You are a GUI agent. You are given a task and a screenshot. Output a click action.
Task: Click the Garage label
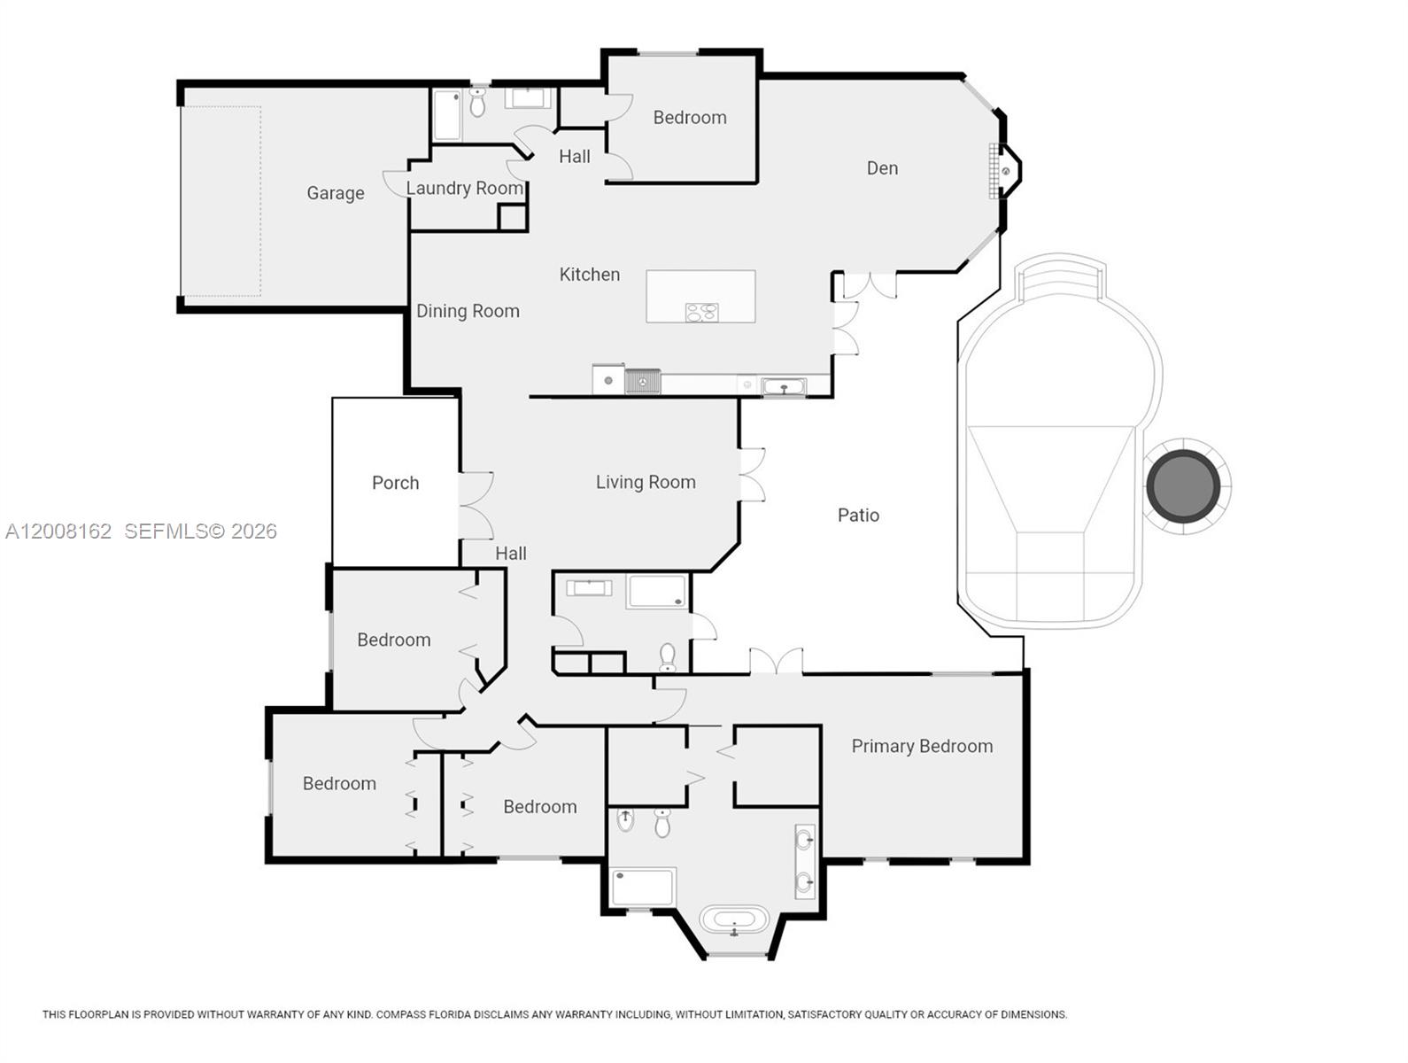(x=335, y=193)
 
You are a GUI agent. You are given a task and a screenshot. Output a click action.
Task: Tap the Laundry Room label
(x=464, y=188)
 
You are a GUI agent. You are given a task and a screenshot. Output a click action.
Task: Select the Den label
(x=882, y=168)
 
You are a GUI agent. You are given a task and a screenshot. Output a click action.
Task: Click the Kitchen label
(x=589, y=275)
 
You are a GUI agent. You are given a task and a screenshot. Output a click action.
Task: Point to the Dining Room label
(x=468, y=311)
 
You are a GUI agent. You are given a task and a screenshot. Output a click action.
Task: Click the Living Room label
(x=645, y=482)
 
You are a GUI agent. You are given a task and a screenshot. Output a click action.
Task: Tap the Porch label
(x=395, y=483)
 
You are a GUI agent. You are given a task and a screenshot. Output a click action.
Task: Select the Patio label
(x=858, y=515)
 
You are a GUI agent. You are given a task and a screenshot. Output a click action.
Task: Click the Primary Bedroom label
(x=922, y=746)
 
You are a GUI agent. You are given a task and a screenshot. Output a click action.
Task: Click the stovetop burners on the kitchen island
(x=701, y=312)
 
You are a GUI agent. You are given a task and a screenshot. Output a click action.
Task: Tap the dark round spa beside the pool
(x=1183, y=485)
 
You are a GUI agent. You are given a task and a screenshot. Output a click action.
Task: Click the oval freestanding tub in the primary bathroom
(x=733, y=919)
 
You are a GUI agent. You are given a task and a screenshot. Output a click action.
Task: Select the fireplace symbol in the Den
(x=1004, y=171)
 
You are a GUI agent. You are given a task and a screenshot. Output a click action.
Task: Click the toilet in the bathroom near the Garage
(x=477, y=104)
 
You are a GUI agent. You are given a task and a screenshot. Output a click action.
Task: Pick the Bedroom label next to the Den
(x=689, y=117)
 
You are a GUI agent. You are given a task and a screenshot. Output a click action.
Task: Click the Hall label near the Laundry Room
(x=574, y=157)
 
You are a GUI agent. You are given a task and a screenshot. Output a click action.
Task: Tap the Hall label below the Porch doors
(x=510, y=554)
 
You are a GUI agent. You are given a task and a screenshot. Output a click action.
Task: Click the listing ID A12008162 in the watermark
(x=58, y=531)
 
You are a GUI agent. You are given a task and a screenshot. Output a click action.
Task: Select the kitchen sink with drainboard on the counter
(x=643, y=381)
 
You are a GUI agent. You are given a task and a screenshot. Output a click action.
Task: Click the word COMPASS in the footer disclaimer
(x=401, y=1014)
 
